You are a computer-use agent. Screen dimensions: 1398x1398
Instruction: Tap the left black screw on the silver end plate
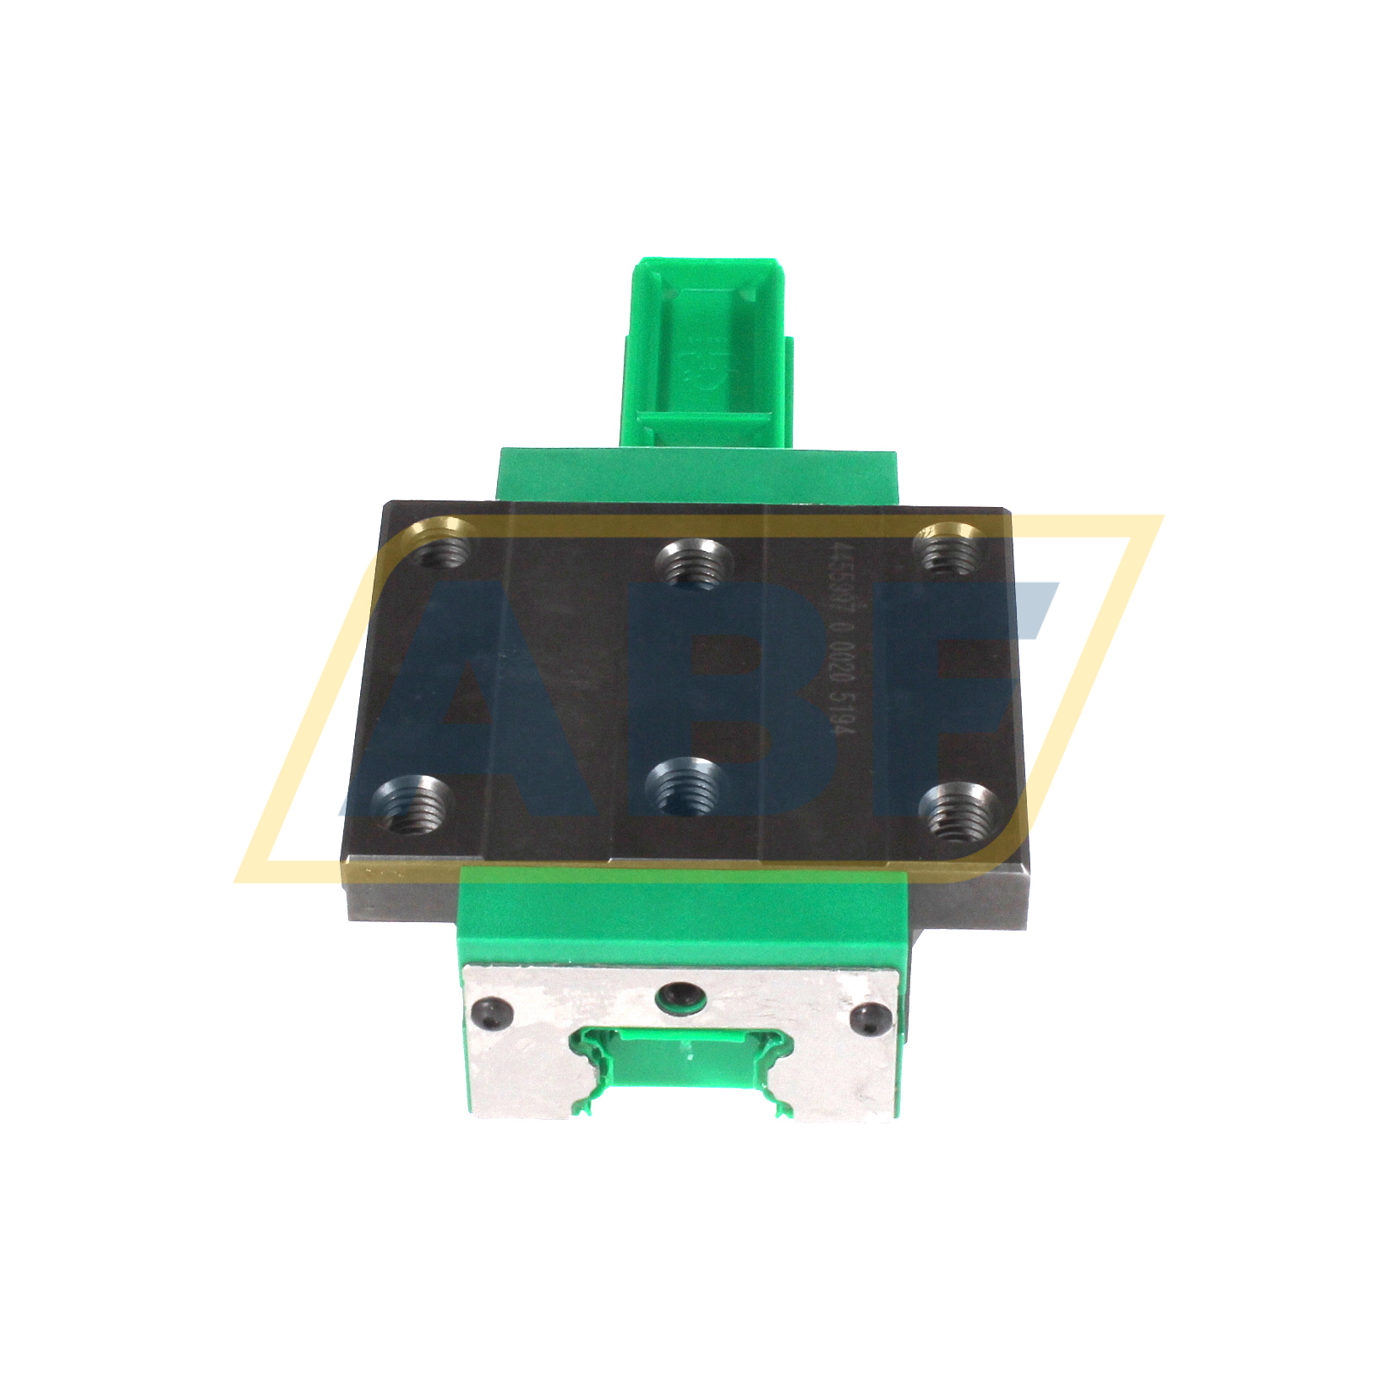492,1013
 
